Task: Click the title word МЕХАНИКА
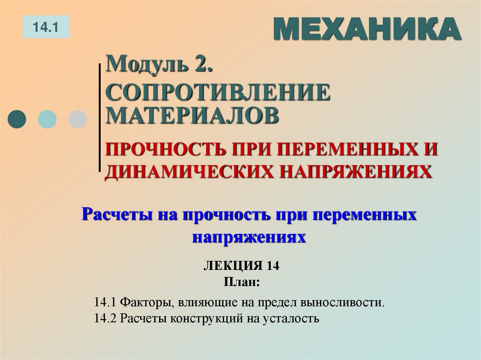(x=366, y=30)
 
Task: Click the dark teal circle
(x=18, y=119)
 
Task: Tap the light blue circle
(x=47, y=119)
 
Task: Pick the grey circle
(x=78, y=119)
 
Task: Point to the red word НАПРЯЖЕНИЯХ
(x=353, y=171)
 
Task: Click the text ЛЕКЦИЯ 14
(x=241, y=266)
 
